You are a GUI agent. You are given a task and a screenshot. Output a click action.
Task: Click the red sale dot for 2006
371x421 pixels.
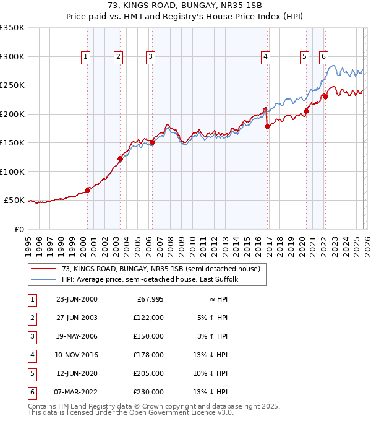(x=152, y=143)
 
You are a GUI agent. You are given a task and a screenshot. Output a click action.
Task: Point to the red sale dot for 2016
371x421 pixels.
(x=267, y=126)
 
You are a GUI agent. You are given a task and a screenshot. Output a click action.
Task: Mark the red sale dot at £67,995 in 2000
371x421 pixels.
(x=87, y=190)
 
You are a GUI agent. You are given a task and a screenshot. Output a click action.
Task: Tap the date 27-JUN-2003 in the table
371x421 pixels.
(x=77, y=317)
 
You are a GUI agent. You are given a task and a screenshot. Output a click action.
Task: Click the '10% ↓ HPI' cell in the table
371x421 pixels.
(x=211, y=373)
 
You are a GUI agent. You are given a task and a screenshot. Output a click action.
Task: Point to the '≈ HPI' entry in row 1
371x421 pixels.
(x=218, y=298)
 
